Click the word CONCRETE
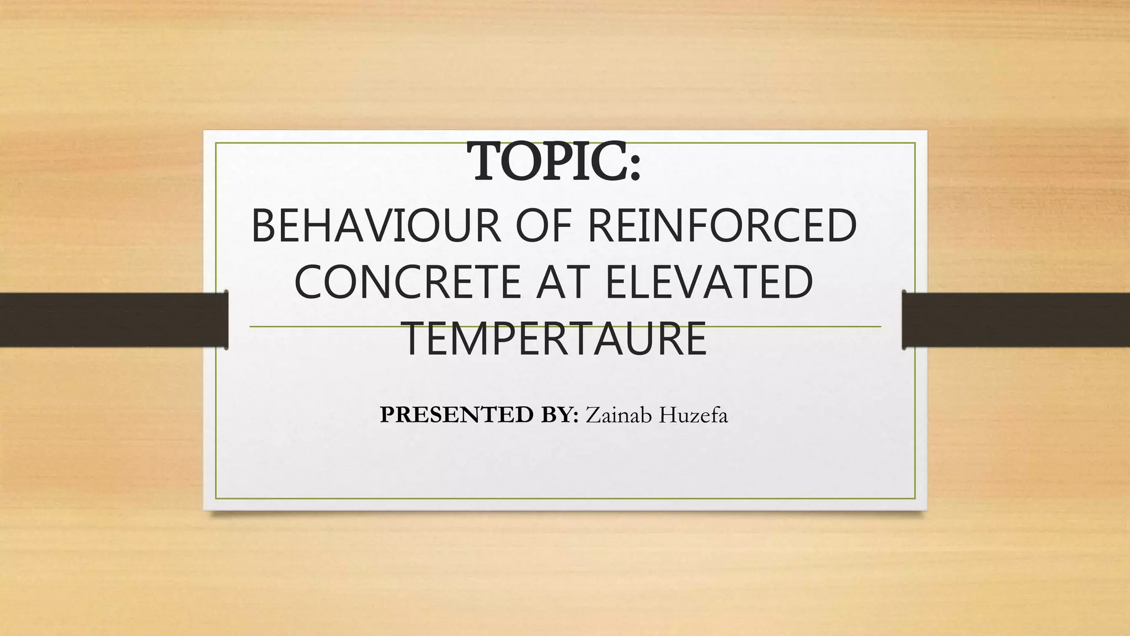[x=407, y=282]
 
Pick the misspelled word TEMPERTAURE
[x=556, y=339]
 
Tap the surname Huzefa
[x=692, y=415]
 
